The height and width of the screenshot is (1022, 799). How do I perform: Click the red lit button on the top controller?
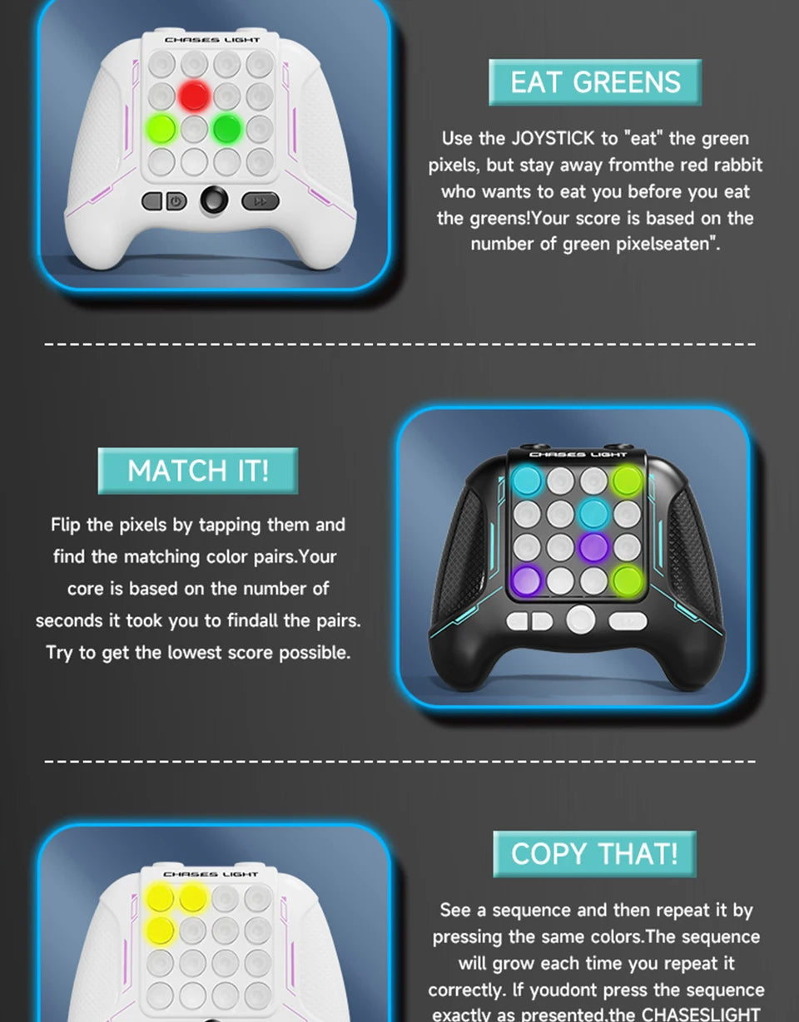(194, 96)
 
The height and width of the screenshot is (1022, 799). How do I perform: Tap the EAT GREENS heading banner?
(595, 82)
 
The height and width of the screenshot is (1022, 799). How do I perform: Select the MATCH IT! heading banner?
(198, 471)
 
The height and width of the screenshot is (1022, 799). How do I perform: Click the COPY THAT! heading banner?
(594, 854)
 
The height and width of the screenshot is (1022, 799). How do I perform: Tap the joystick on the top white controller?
(214, 200)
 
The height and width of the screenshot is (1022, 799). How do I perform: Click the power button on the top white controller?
(176, 200)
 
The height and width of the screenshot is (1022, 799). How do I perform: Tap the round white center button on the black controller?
(581, 620)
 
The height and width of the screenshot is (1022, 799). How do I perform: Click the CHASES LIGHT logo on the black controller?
(578, 455)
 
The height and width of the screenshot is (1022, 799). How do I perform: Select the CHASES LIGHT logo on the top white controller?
(212, 39)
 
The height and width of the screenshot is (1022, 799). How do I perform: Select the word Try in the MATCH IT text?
(59, 653)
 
